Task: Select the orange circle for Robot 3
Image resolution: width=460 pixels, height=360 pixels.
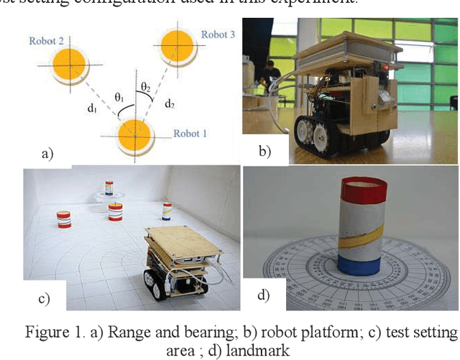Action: coord(178,47)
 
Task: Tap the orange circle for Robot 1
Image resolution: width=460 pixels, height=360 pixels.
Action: coord(134,134)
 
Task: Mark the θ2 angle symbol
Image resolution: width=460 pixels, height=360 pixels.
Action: coord(146,87)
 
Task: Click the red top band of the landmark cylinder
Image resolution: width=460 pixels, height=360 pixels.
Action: coord(366,190)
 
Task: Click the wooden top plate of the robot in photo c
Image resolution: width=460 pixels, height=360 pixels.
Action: coord(184,241)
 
